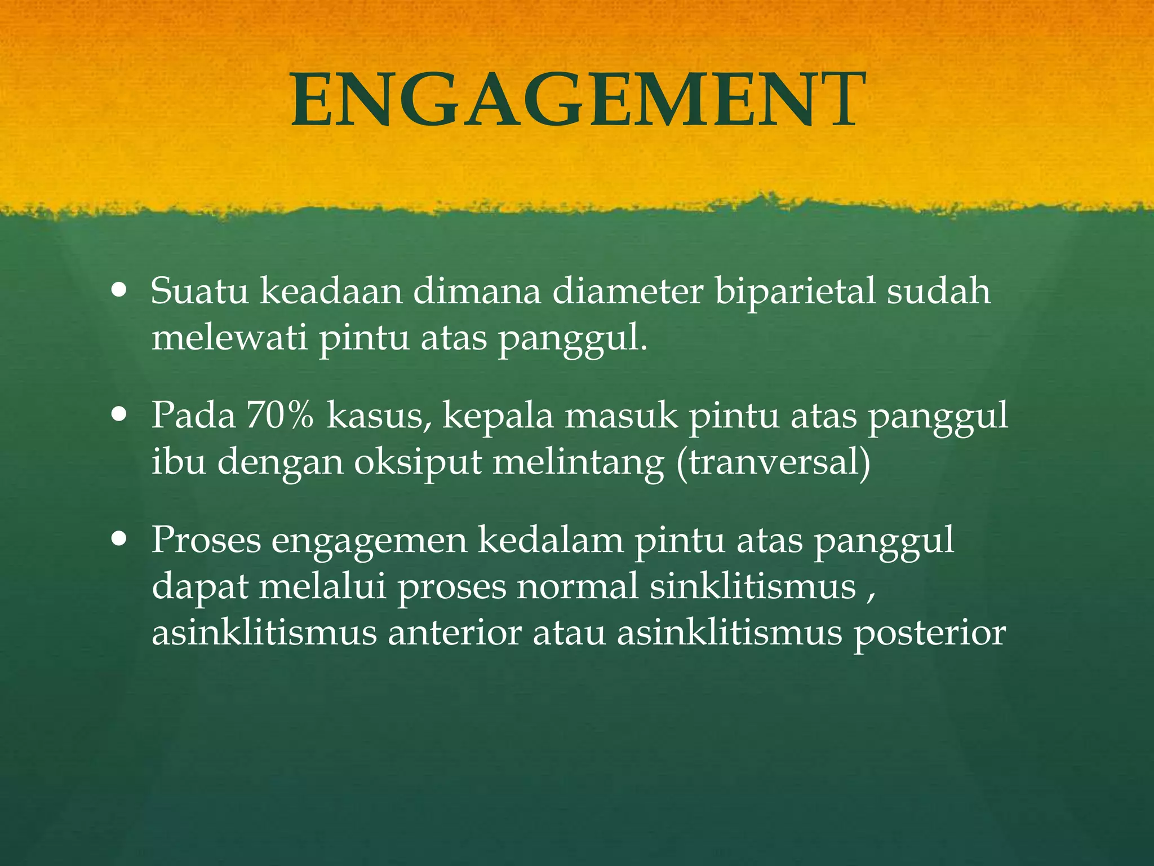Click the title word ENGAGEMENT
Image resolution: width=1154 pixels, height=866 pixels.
[577, 100]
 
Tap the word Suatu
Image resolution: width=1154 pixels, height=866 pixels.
[199, 291]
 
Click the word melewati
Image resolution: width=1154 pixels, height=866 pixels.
[229, 338]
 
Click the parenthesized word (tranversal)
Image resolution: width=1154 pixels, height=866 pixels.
[773, 462]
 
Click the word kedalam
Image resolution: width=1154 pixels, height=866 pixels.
[551, 540]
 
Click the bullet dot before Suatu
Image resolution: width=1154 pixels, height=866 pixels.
[119, 291]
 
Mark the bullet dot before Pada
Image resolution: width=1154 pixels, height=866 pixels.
[119, 416]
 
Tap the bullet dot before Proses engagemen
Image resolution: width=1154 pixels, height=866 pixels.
[119, 540]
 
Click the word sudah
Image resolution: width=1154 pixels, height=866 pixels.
[938, 291]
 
